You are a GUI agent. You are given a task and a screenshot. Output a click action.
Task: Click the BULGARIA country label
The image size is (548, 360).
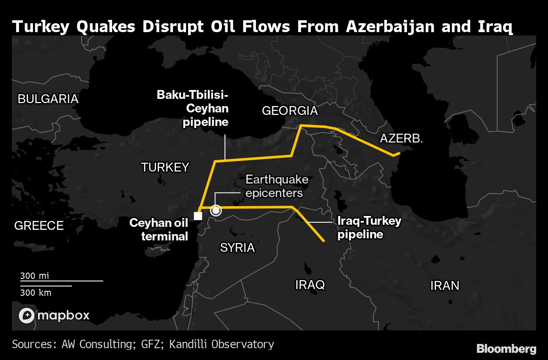pos(48,99)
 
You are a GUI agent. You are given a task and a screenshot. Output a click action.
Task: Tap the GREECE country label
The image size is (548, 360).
pos(39,226)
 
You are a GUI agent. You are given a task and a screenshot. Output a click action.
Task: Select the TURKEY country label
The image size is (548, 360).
pos(165,167)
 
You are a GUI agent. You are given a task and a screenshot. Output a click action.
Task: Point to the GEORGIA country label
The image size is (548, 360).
pos(290,111)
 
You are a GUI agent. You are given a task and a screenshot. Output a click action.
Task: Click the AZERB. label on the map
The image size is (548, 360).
pos(401,138)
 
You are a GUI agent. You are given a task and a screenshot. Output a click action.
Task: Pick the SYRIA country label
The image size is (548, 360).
pos(237,248)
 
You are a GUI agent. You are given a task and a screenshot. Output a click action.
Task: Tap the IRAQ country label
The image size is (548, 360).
pos(310,285)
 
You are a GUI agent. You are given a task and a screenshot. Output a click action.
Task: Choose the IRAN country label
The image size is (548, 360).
pos(444,286)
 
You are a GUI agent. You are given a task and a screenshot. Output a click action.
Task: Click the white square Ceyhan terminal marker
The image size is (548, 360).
pos(197,216)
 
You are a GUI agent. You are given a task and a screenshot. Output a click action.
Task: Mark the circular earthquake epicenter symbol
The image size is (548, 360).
pos(216,210)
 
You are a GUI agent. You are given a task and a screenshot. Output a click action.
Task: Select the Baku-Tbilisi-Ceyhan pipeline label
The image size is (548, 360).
pos(193,108)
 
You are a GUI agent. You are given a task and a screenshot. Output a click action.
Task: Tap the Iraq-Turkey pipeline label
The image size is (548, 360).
pos(369,227)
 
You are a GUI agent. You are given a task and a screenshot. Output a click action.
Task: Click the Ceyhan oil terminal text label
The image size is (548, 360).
pos(159,229)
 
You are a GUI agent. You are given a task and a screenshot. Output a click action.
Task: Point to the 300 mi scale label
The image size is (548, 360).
pos(35,276)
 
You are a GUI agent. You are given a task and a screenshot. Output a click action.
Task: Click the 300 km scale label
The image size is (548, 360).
pos(36,292)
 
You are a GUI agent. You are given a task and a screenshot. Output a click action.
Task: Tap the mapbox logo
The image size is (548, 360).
pos(54,315)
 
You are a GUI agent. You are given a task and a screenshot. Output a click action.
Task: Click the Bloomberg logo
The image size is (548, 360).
pos(506,349)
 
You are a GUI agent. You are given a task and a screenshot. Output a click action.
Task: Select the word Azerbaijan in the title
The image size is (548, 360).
pos(390,27)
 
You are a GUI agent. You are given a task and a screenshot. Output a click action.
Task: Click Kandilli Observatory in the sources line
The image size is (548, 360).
pos(222,344)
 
